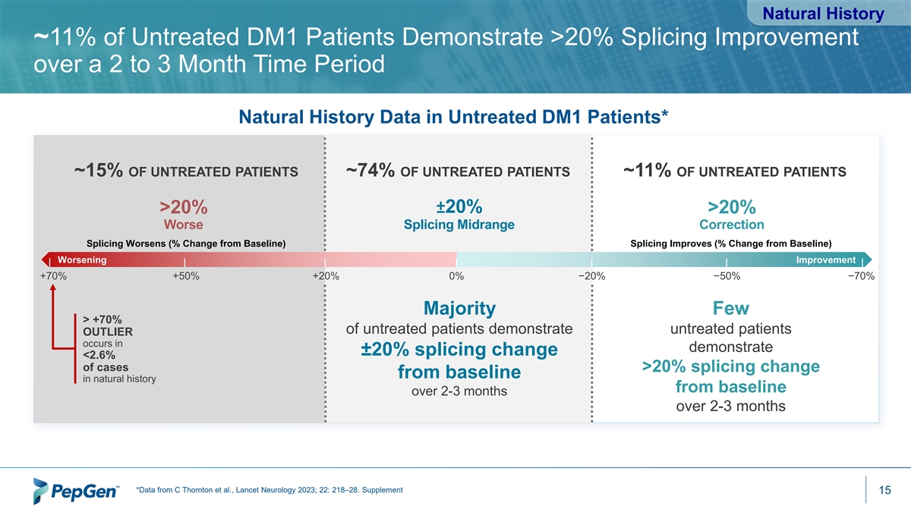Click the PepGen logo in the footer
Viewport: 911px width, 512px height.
coord(76,491)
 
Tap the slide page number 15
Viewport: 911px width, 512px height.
coord(884,490)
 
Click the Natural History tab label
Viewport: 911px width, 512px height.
coord(823,14)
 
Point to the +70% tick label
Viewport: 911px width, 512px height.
coord(53,276)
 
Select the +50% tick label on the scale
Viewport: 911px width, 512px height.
coord(186,276)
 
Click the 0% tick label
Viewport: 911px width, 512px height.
coord(456,276)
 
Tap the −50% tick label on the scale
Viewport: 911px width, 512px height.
coord(727,276)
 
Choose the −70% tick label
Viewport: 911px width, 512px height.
coord(861,276)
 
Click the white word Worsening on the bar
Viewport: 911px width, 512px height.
coord(82,260)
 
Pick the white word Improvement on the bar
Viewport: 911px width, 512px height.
coord(826,260)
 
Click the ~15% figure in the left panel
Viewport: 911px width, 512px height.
coord(99,170)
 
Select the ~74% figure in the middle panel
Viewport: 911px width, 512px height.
coord(370,170)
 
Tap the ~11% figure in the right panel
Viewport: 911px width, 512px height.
coord(647,170)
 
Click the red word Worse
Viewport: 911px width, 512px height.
coord(184,225)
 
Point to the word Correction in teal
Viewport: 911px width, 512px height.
coord(732,225)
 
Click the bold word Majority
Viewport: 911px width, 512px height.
coord(459,308)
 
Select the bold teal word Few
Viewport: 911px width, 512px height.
coord(731,308)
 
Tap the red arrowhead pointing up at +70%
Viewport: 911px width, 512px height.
coord(53,287)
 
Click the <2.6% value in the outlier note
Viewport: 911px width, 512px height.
coord(99,355)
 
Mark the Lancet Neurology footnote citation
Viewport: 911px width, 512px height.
coord(270,490)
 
